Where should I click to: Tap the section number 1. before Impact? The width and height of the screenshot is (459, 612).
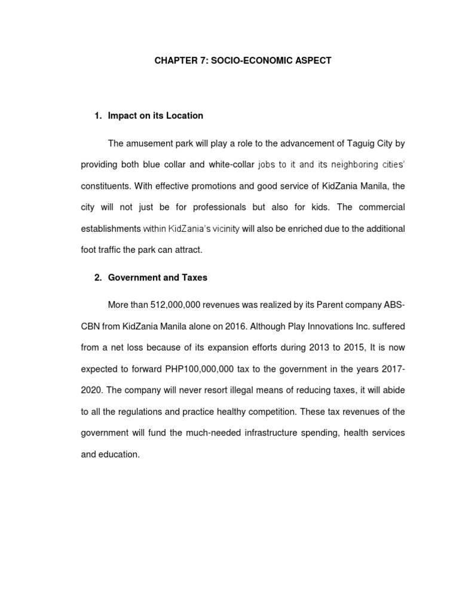click(98, 115)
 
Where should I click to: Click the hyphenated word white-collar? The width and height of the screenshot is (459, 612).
click(231, 164)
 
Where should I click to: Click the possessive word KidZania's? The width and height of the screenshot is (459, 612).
click(190, 229)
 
